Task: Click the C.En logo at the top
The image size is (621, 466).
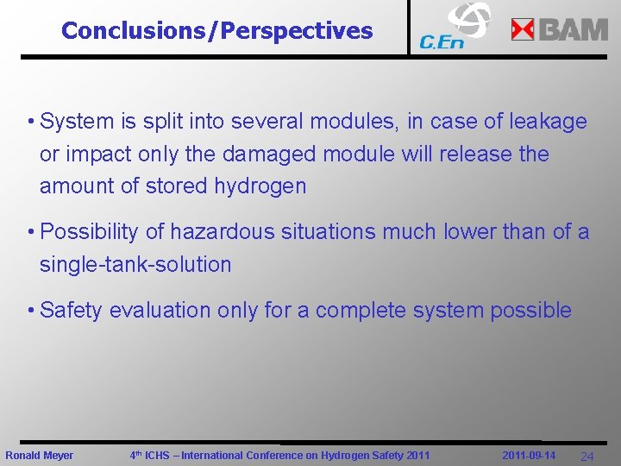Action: (454, 27)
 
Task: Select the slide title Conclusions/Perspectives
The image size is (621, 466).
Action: (217, 31)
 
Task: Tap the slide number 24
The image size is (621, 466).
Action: (586, 457)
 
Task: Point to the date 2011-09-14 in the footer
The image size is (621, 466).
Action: (529, 456)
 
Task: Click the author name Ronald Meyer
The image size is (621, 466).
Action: (40, 456)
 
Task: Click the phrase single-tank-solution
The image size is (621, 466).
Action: (135, 264)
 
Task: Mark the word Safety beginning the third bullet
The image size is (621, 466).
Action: (71, 311)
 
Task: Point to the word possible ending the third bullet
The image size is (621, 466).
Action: (530, 311)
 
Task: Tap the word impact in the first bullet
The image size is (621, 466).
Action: (95, 154)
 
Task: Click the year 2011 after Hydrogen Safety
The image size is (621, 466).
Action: (417, 456)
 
